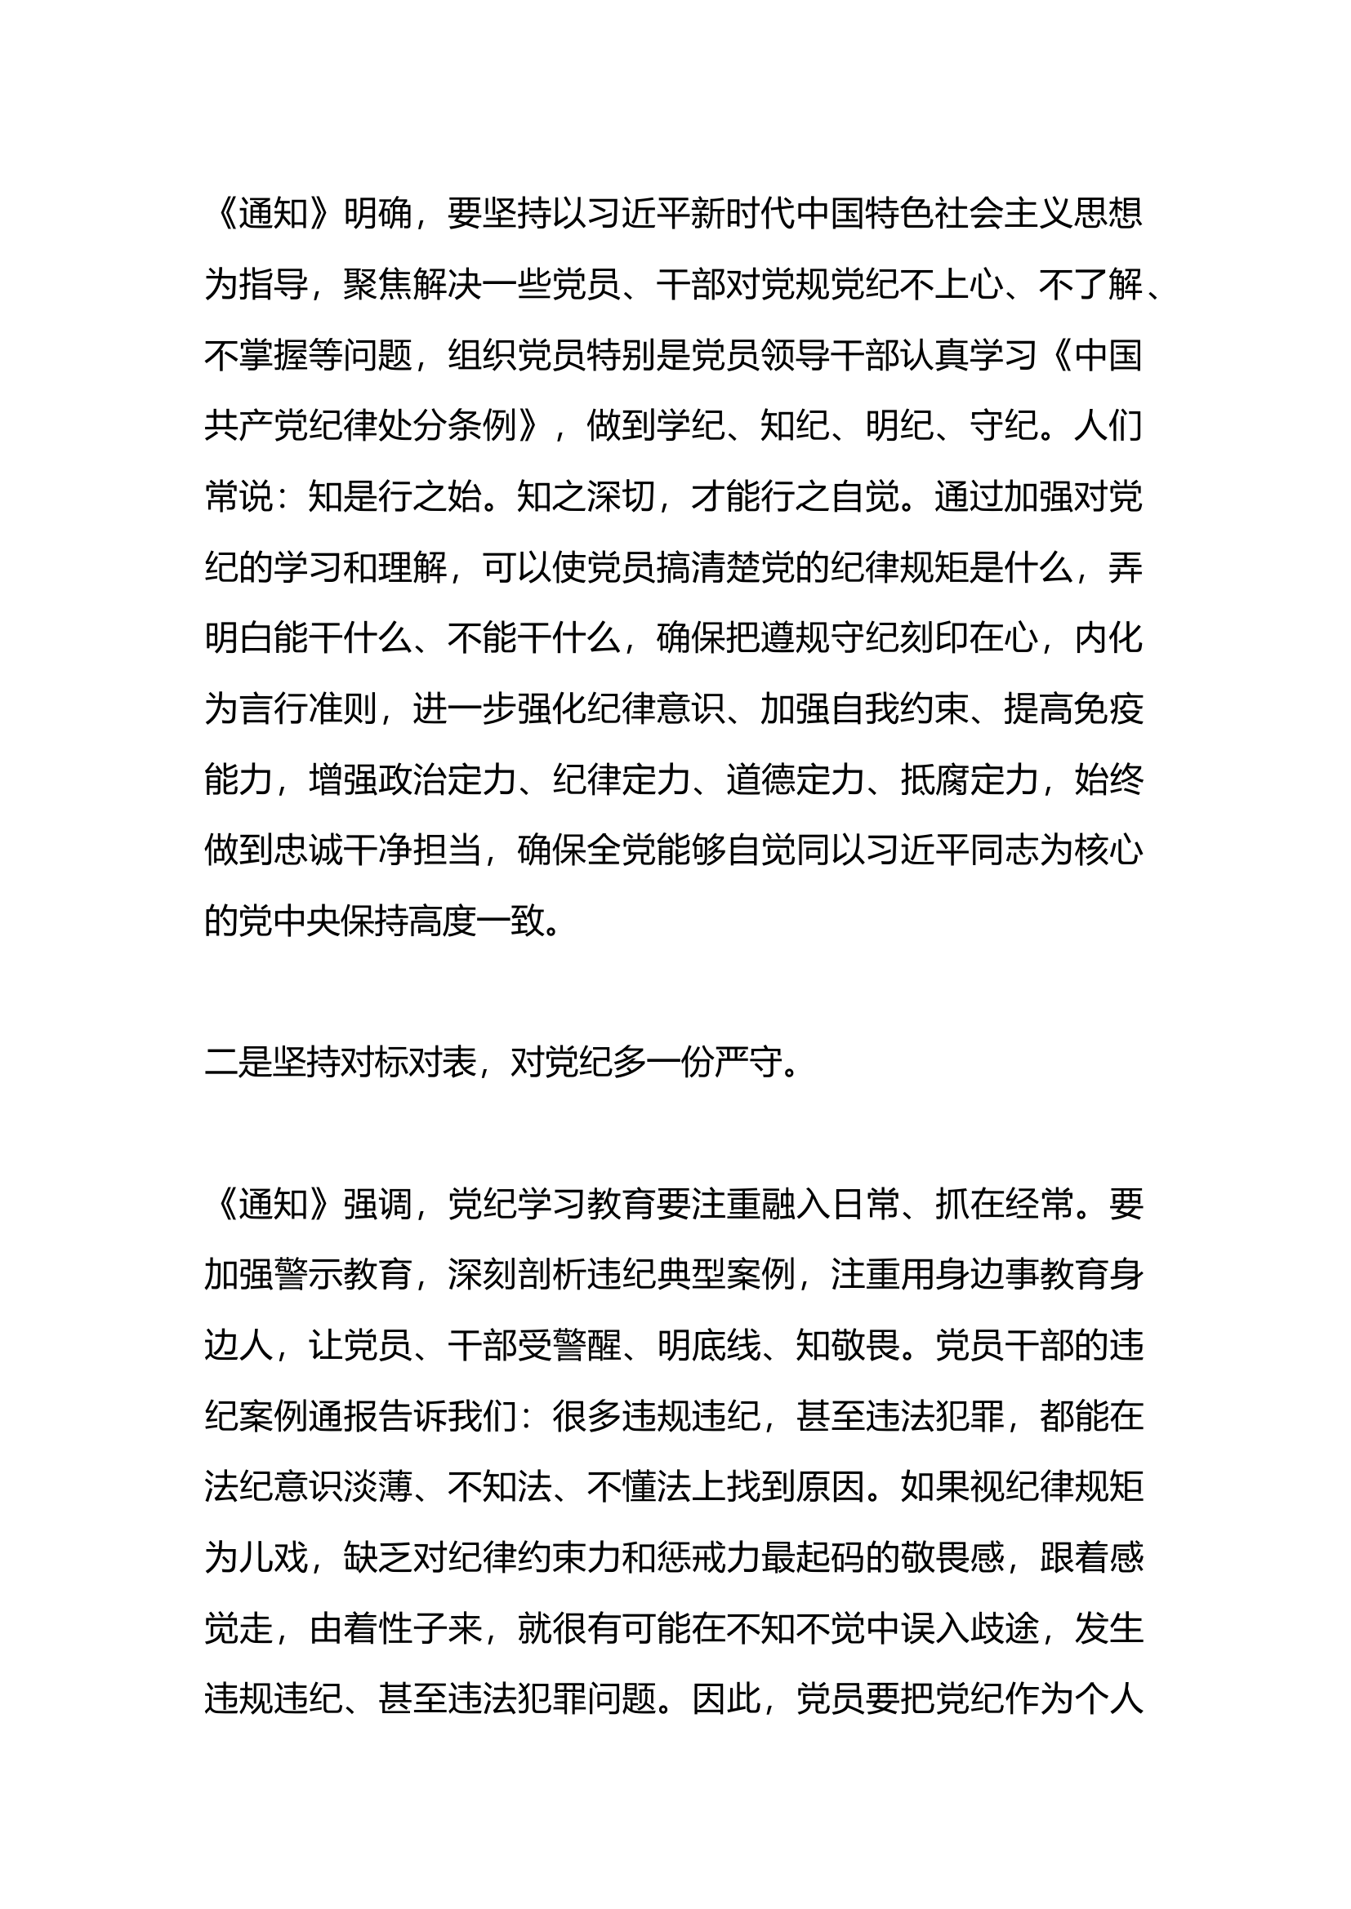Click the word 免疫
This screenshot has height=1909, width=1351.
coord(1108,709)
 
